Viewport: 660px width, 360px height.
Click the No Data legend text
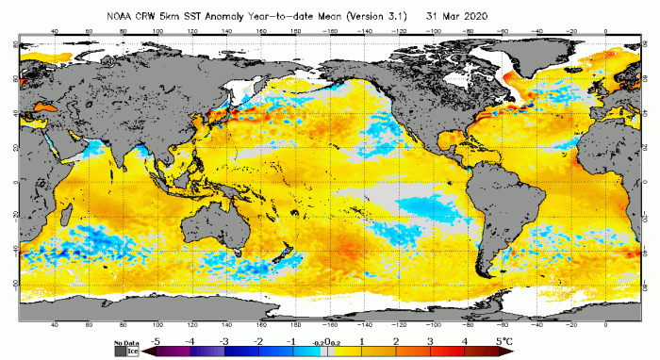[x=124, y=343]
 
